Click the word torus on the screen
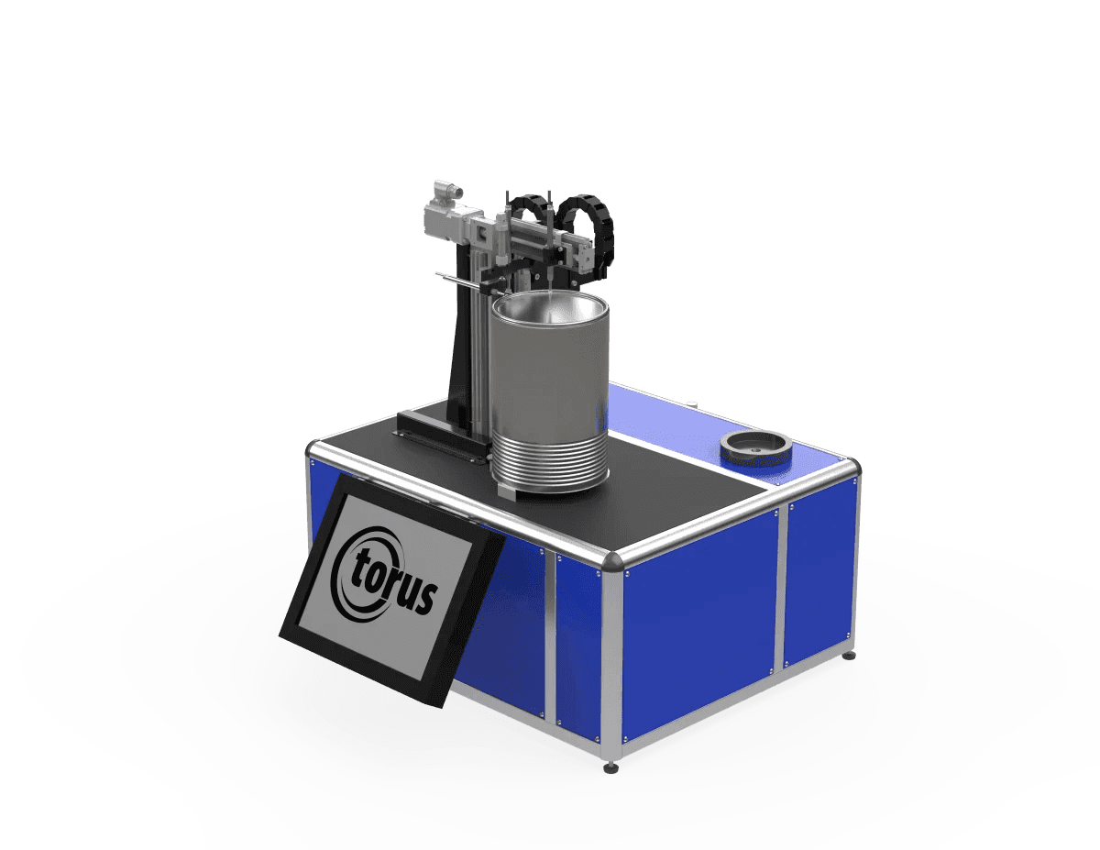coord(394,582)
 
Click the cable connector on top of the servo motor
coord(448,190)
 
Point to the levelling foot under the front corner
coord(611,767)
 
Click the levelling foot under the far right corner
coord(849,656)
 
